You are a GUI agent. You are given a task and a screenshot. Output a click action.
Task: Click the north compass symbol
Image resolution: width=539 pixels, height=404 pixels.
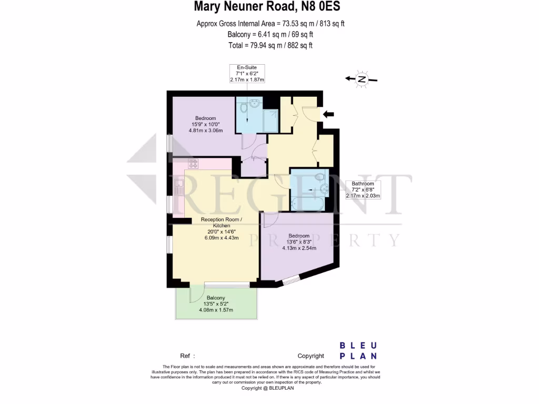[x=362, y=79]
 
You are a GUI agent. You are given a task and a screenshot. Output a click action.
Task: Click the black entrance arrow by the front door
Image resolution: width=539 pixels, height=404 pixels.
[x=328, y=114]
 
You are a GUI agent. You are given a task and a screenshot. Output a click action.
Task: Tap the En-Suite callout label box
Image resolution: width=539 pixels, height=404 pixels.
[x=247, y=74]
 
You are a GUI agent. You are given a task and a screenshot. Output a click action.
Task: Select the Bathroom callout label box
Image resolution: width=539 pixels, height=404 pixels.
[x=363, y=189]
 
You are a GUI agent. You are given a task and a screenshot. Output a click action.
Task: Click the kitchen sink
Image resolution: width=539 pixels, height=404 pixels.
[x=179, y=187]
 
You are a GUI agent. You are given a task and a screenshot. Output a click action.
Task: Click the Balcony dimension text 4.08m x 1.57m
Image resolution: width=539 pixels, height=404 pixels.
[x=216, y=310]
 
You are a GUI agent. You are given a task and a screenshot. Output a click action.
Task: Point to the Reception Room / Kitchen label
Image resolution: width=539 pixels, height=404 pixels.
[x=222, y=222]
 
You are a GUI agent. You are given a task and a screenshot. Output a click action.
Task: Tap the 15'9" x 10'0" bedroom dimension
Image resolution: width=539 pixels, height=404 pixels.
[x=205, y=124]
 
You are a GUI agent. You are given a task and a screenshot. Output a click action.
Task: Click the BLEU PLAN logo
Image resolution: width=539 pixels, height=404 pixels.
[x=358, y=350]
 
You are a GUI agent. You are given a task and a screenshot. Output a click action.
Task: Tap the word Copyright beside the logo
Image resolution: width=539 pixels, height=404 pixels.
[x=311, y=356]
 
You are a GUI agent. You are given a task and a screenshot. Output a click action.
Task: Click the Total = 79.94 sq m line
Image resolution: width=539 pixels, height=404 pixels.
[x=270, y=45]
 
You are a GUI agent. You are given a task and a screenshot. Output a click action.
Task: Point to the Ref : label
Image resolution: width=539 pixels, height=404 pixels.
[x=188, y=356]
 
